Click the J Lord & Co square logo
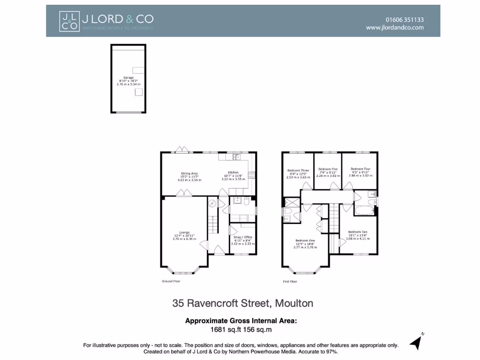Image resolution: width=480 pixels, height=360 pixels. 69,21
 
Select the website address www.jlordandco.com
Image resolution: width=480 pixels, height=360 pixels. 395,28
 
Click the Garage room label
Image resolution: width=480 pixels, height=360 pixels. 128,77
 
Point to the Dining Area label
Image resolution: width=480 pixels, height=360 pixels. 189,172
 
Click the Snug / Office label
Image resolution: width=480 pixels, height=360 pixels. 242,237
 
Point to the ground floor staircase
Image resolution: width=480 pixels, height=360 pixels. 214,223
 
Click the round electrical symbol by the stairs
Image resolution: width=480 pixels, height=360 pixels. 212,203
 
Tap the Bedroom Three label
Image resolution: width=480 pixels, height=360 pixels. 298,171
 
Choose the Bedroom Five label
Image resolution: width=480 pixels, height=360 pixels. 328,169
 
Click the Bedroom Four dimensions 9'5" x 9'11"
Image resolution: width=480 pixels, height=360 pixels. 360,172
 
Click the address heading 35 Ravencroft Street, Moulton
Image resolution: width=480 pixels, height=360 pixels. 242,303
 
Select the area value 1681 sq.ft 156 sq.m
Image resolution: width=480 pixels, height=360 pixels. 241,330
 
